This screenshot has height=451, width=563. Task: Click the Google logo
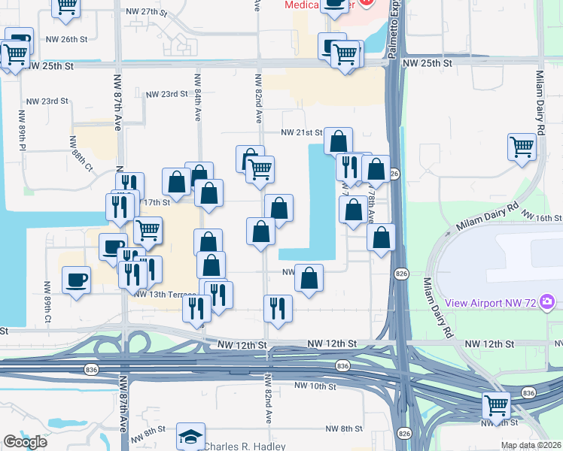pyautogui.click(x=25, y=443)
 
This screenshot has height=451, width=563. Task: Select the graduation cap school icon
pyautogui.click(x=190, y=436)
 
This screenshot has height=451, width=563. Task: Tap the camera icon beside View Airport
pyautogui.click(x=547, y=303)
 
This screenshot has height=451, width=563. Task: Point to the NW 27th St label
pyautogui.click(x=146, y=12)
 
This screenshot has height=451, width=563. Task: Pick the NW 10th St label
pyautogui.click(x=315, y=386)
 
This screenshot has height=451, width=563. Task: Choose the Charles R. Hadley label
pyautogui.click(x=245, y=446)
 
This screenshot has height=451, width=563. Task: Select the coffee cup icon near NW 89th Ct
pyautogui.click(x=76, y=280)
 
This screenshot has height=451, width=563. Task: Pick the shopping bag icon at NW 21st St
pyautogui.click(x=339, y=140)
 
